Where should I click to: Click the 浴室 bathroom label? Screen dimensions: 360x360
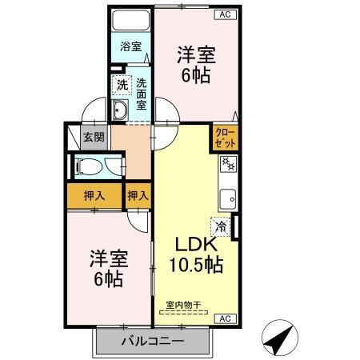pyautogui.click(x=131, y=47)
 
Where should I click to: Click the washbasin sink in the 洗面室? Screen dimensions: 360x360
pyautogui.click(x=122, y=110)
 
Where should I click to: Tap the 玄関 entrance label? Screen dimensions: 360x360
pyautogui.click(x=94, y=138)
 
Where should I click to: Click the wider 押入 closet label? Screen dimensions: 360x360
pyautogui.click(x=94, y=195)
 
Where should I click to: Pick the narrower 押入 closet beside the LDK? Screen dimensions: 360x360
pyautogui.click(x=138, y=195)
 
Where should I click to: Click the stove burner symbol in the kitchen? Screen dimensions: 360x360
pyautogui.click(x=226, y=165)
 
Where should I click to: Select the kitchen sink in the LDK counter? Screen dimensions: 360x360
pyautogui.click(x=227, y=196)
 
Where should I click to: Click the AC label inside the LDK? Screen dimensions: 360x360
pyautogui.click(x=225, y=318)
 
